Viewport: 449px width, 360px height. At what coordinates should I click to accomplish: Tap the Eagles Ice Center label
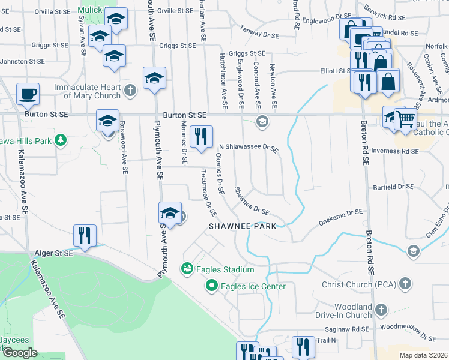(253, 286)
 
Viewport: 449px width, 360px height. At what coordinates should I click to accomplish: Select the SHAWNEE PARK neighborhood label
(243, 226)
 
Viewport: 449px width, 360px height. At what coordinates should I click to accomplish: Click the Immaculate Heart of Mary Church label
(87, 91)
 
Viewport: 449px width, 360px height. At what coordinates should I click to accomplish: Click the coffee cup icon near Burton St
(28, 94)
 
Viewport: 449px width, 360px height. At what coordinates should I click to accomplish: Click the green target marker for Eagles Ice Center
(211, 286)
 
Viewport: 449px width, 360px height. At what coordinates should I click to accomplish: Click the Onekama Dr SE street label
(341, 212)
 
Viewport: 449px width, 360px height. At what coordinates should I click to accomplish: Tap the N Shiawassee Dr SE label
(248, 146)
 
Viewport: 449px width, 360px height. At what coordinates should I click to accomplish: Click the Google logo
(19, 353)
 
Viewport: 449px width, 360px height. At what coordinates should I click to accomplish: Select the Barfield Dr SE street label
(393, 187)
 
